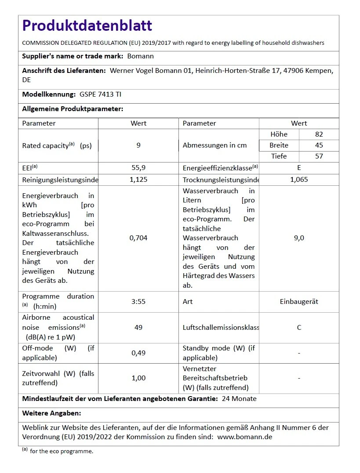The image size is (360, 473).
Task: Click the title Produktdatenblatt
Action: click(x=87, y=26)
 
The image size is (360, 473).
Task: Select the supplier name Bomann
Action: click(x=140, y=56)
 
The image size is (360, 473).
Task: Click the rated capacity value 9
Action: click(x=138, y=145)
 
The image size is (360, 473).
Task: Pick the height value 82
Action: click(x=319, y=134)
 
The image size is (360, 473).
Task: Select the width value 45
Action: click(x=319, y=145)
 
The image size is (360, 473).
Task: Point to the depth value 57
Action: click(x=319, y=156)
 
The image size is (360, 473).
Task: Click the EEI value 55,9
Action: click(x=138, y=168)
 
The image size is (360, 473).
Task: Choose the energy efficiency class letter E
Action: click(x=299, y=168)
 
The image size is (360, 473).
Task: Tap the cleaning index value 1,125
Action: click(x=138, y=180)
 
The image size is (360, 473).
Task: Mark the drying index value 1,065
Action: click(x=299, y=180)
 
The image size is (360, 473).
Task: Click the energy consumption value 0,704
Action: click(x=138, y=238)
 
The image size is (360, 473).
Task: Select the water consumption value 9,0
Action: click(x=299, y=238)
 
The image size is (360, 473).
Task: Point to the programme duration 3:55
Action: click(x=138, y=302)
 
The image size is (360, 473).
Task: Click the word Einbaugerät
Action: click(x=299, y=302)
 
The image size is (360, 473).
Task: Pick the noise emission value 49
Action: click(x=138, y=328)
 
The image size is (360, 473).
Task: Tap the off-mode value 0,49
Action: click(x=138, y=353)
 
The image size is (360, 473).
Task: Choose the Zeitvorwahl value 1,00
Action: click(x=138, y=378)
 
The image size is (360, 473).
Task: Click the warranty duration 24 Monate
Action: click(x=239, y=399)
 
